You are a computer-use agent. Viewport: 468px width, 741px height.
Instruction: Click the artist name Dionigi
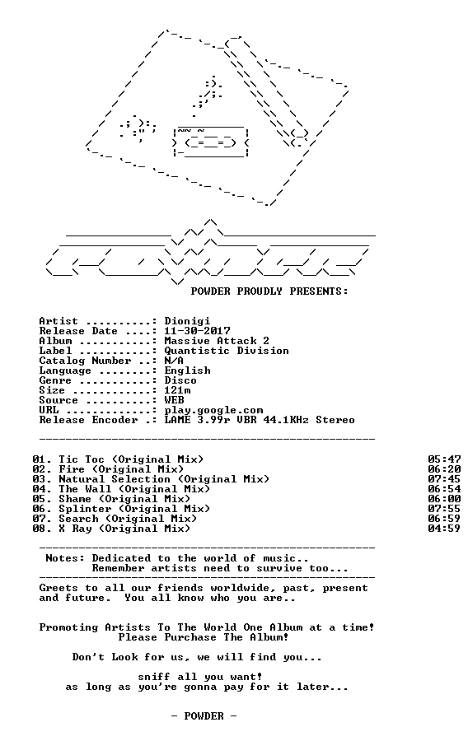click(187, 322)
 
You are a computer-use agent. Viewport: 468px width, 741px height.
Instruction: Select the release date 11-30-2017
click(197, 331)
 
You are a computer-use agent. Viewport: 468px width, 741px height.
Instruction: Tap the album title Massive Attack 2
click(217, 341)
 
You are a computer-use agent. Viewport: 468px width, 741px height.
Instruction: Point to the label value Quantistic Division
click(227, 351)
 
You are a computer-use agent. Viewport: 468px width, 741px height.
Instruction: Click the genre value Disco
click(180, 380)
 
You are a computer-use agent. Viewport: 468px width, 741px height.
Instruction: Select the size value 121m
click(178, 390)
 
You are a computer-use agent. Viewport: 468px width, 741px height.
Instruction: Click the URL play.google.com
click(213, 411)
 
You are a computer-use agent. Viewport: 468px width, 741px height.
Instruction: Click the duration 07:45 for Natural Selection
click(444, 479)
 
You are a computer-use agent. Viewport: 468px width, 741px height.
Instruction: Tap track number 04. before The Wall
click(42, 489)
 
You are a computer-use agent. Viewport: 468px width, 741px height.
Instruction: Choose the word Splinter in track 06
click(85, 510)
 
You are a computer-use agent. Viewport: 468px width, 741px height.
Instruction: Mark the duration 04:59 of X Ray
click(444, 529)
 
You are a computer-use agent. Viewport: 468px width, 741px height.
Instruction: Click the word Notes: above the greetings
click(65, 558)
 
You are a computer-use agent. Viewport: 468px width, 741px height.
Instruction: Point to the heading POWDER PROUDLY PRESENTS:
click(269, 291)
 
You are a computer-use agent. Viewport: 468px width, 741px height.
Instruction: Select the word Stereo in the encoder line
click(335, 420)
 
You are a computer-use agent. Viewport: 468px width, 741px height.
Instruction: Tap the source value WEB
click(175, 400)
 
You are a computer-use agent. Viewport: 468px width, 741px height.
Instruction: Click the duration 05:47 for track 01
click(444, 459)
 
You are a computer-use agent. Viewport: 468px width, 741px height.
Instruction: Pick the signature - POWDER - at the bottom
click(204, 716)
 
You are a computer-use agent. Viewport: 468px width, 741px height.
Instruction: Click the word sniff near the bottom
click(154, 678)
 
